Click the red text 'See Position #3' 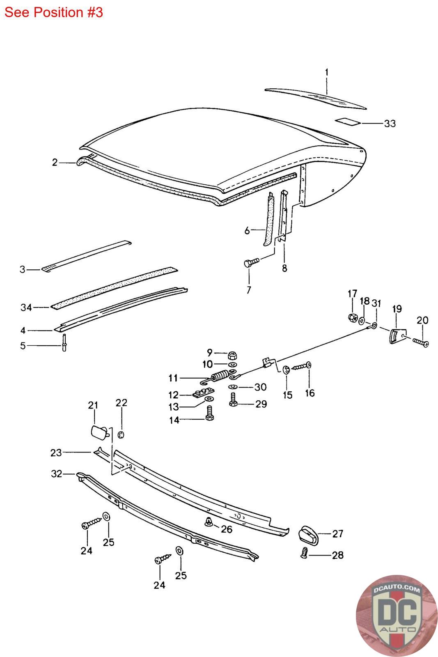pyautogui.click(x=53, y=12)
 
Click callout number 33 pyautogui.click(x=390, y=123)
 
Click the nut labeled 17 pyautogui.click(x=352, y=317)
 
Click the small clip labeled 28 pyautogui.click(x=304, y=554)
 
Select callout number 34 pyautogui.click(x=26, y=307)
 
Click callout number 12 pyautogui.click(x=174, y=395)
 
